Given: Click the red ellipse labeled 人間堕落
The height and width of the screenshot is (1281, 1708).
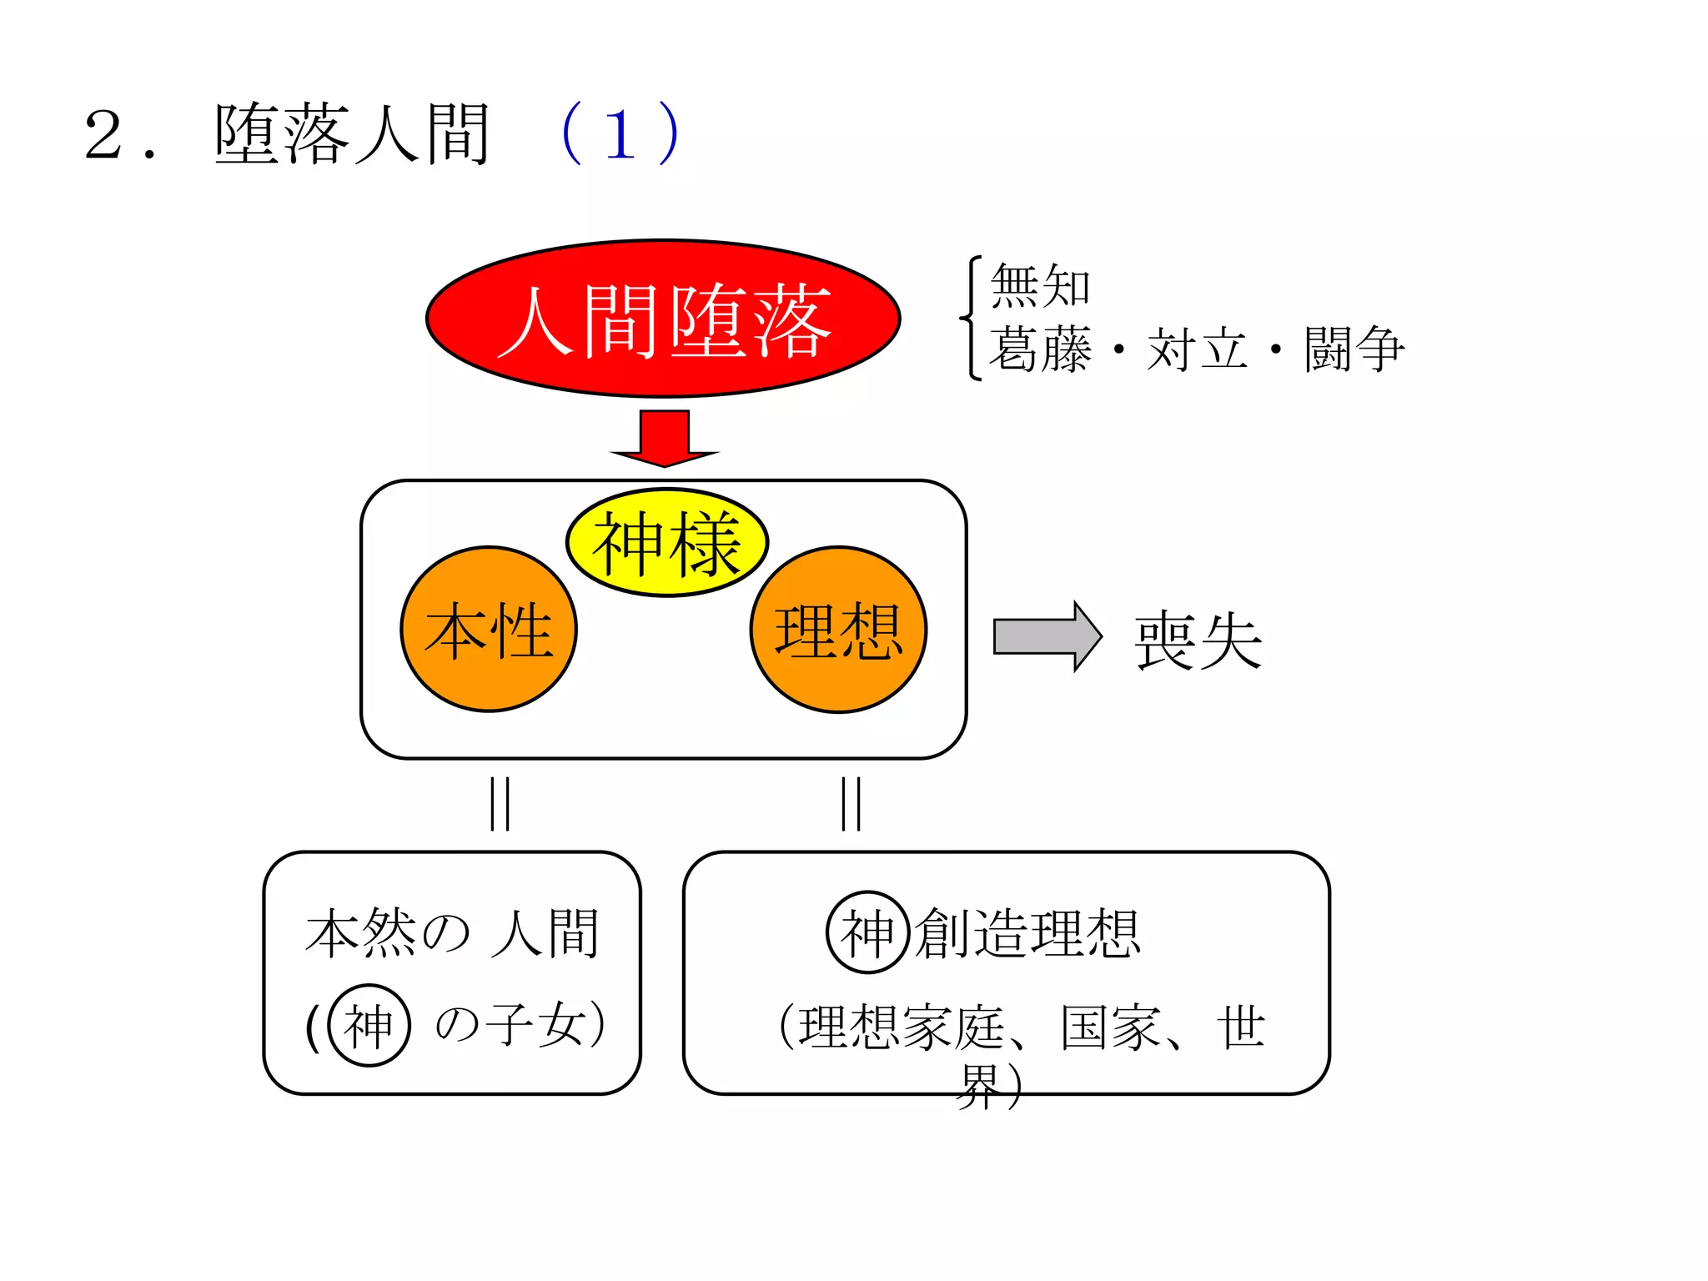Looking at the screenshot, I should [x=663, y=318].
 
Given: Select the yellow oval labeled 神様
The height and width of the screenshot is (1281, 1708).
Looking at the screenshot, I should [x=667, y=543].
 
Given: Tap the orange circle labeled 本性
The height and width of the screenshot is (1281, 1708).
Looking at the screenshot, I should [x=489, y=630].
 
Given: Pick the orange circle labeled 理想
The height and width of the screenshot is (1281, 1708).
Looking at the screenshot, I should [x=839, y=630].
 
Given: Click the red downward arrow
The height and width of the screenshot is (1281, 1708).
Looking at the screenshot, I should [x=665, y=438].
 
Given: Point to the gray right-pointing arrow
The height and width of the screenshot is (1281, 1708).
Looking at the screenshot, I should [x=1047, y=636].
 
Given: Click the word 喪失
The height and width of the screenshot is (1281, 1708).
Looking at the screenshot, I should [x=1198, y=640].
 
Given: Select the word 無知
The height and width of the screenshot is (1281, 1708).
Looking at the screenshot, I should [x=1040, y=286].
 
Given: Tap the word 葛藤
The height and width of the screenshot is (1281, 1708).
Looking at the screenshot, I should [x=1040, y=349].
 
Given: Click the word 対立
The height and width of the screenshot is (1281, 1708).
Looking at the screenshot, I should [x=1197, y=349].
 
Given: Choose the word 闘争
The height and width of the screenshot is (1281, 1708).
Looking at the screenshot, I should [x=1354, y=349].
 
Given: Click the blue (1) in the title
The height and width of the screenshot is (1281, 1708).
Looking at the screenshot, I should [x=620, y=133].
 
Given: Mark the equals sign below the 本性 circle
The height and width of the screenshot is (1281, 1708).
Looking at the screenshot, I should [x=500, y=803].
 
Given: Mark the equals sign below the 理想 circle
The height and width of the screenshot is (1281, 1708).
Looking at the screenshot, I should [x=851, y=803].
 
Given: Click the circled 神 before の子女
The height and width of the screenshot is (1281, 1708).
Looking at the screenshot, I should [x=369, y=1025].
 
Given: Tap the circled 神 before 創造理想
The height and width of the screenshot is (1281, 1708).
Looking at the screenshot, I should [x=867, y=932].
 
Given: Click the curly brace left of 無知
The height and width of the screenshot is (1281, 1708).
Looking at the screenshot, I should [x=971, y=318].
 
